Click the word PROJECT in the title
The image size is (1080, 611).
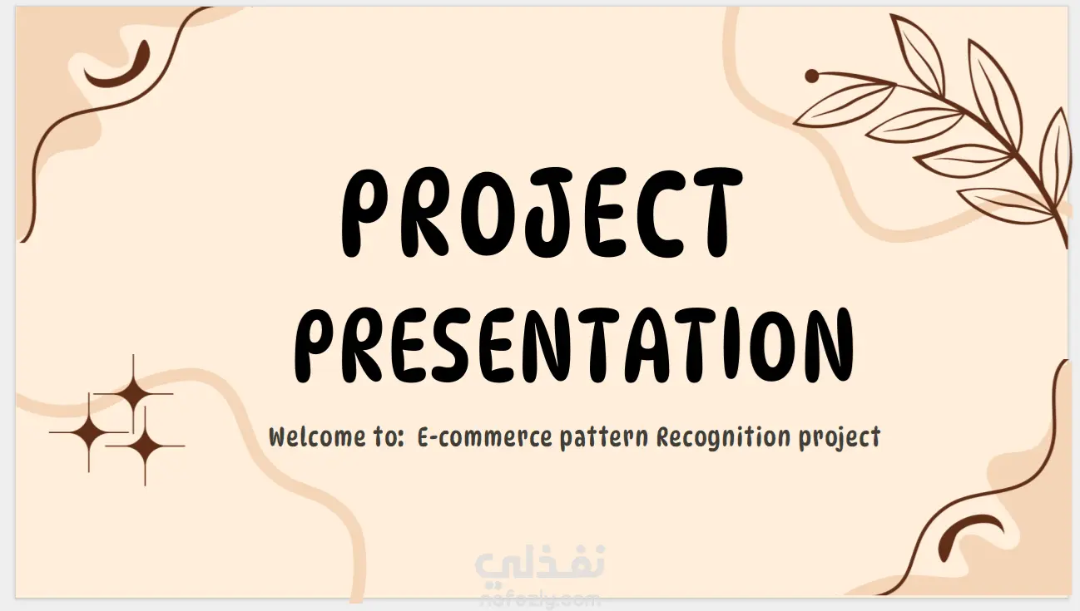point(542,213)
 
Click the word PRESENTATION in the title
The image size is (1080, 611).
point(574,346)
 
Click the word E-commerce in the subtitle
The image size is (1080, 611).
point(484,437)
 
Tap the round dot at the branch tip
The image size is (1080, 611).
point(812,76)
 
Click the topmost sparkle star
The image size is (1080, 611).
point(133,394)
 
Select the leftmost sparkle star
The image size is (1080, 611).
point(89,432)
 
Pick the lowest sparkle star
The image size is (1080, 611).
point(145,446)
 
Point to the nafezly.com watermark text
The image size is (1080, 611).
point(540,600)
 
